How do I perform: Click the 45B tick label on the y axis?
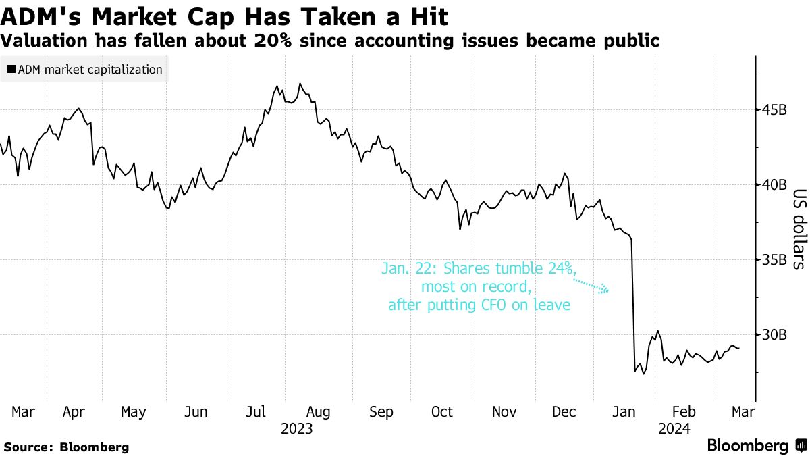[775, 110]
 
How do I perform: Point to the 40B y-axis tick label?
[775, 185]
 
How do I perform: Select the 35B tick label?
[775, 260]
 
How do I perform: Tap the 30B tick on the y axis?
[775, 335]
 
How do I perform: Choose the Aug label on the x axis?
[318, 412]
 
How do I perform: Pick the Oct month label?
[442, 412]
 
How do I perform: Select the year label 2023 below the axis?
[296, 428]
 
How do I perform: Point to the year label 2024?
[675, 428]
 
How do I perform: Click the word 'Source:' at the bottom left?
[29, 447]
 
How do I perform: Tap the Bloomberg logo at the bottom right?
[755, 446]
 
